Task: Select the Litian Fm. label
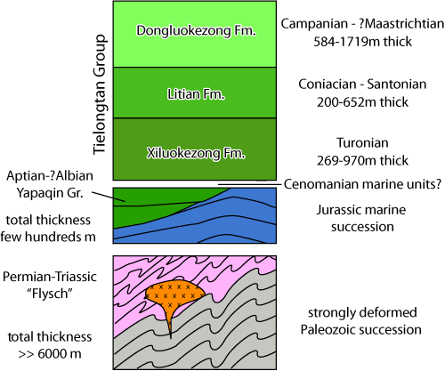point(197,92)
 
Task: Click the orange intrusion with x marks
point(174,293)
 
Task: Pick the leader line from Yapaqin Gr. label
point(101,196)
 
